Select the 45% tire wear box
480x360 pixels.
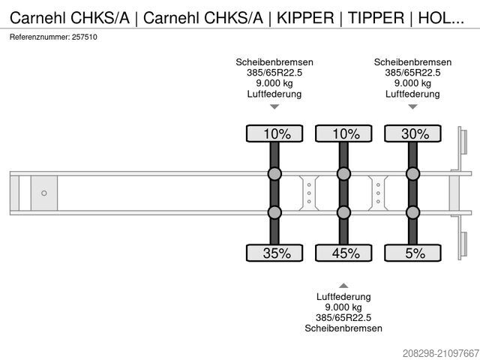pos(343,253)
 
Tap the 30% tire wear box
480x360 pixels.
pos(412,134)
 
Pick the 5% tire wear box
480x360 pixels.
pos(412,253)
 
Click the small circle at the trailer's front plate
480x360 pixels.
pos(43,193)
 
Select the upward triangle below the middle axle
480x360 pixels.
pos(343,286)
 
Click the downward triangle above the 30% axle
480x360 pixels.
pos(412,106)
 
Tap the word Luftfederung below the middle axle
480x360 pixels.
pos(343,297)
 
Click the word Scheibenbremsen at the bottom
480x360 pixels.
pos(343,328)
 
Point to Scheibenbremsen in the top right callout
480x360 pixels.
pos(412,62)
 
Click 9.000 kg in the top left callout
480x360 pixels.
pos(274,83)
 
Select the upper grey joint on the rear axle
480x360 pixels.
pos(412,175)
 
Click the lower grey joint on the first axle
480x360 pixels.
pos(274,212)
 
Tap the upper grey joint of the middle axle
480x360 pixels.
pos(343,175)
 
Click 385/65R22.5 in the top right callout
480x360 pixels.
pos(412,73)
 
